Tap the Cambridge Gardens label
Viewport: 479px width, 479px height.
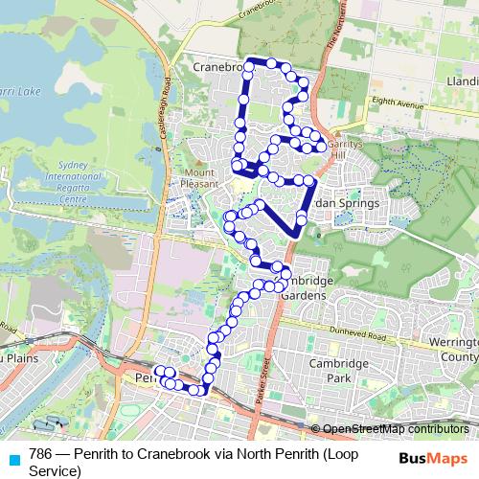point(306,287)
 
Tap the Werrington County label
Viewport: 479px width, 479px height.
point(453,350)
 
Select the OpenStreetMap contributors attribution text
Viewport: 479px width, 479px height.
point(395,428)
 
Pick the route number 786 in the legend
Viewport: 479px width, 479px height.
point(40,453)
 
